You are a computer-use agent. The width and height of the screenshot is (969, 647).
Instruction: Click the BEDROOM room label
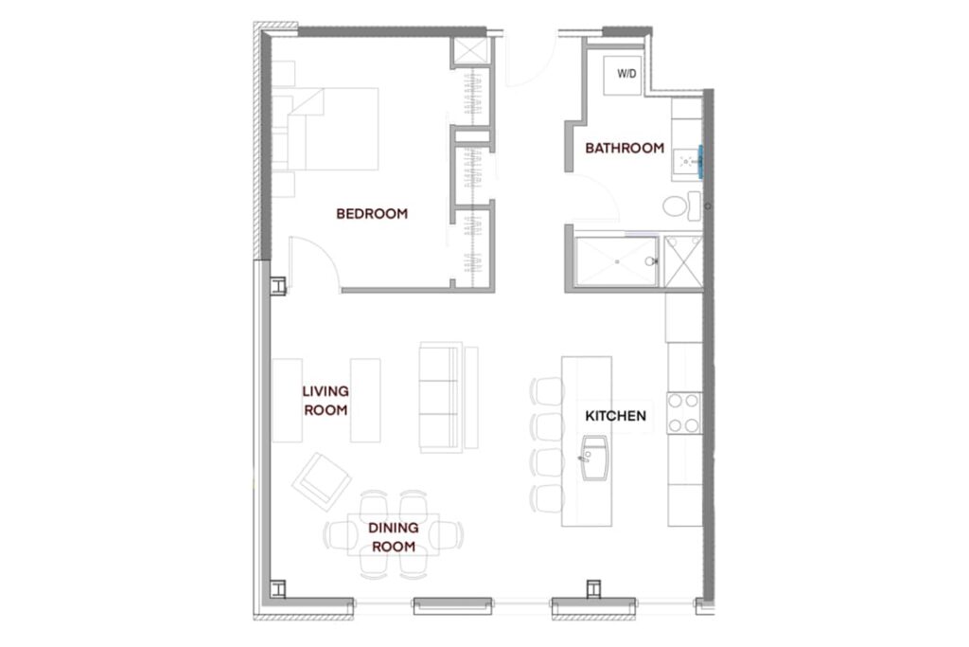pos(371,213)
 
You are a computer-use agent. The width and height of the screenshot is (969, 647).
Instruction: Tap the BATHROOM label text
pos(625,148)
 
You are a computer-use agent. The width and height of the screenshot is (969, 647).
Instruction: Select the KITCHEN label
pos(615,416)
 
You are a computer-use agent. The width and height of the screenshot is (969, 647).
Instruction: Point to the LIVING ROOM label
pos(326,400)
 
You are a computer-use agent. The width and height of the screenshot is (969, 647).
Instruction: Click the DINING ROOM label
pos(393,537)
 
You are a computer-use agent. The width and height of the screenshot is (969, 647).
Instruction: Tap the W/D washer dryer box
pos(623,75)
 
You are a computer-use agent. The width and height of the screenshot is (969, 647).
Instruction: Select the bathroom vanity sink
pos(687,162)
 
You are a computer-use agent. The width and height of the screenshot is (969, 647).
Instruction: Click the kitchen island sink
pos(594,458)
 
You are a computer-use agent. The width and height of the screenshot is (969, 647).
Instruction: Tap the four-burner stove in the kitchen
pos(683,413)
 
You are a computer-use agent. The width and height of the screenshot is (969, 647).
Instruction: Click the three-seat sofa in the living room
pos(441,397)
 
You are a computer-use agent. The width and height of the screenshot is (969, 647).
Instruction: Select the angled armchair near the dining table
pos(322,481)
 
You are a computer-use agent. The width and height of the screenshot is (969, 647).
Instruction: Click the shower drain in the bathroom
pos(617,261)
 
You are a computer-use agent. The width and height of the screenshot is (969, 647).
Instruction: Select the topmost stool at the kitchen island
pos(547,391)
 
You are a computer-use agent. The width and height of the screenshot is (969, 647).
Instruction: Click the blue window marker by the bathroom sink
pos(700,161)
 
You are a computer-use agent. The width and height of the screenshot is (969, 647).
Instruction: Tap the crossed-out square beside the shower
pos(683,261)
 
